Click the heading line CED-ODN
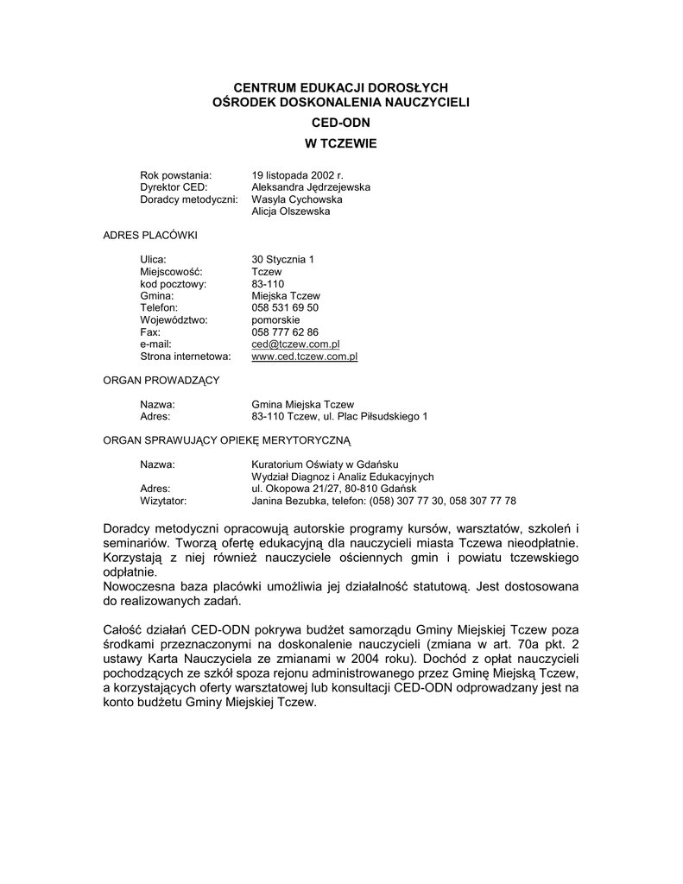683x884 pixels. coord(340,123)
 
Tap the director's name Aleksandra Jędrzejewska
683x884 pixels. coord(311,187)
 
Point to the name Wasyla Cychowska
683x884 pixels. coord(296,199)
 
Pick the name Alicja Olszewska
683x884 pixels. coord(290,212)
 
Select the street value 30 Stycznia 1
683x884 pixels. coord(282,259)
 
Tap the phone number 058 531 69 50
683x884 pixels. coord(285,307)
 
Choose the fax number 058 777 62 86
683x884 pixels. coord(285,331)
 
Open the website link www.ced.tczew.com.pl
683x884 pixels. coord(304,356)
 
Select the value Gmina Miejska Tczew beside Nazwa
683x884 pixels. coord(302,404)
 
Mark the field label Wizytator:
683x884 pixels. coord(163,501)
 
